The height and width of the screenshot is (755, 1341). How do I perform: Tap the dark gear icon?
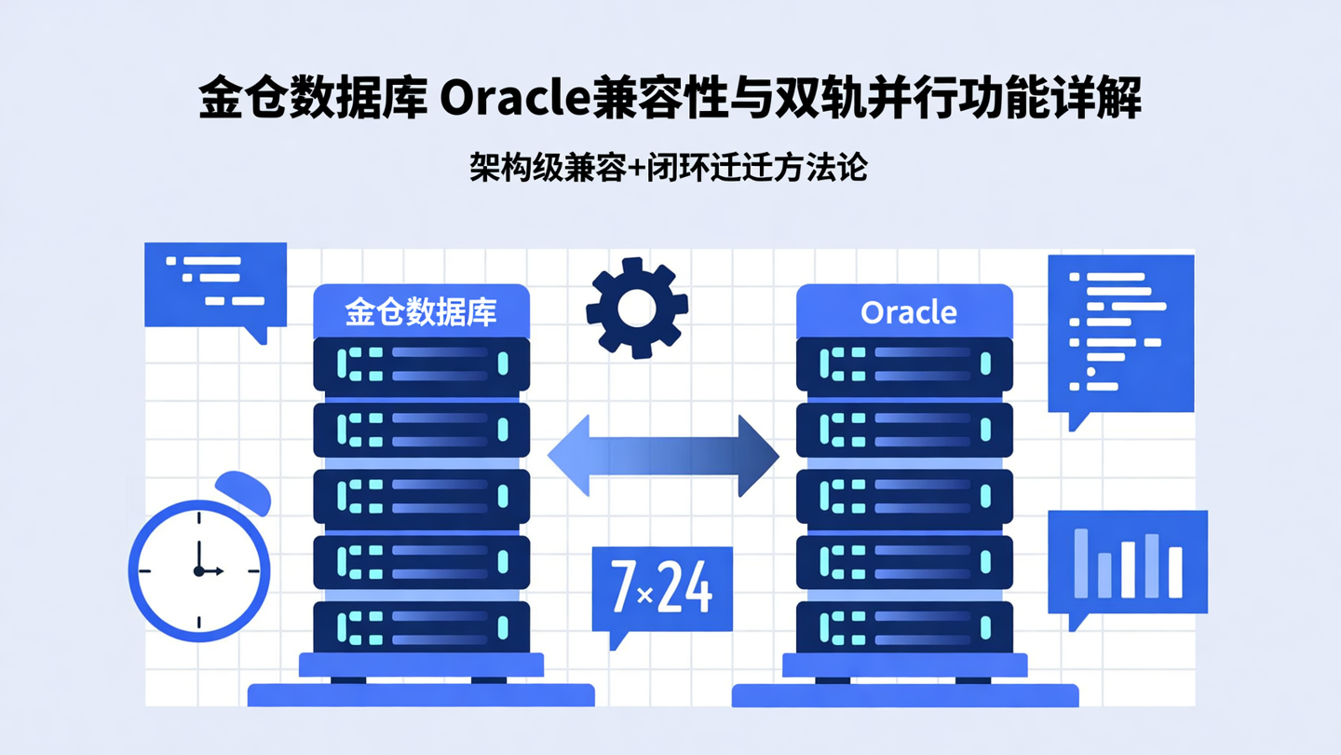point(637,308)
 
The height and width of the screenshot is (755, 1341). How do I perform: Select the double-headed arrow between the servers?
point(663,457)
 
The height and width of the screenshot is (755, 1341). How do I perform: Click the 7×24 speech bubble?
point(662,589)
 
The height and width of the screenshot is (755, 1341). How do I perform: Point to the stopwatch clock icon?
point(199,570)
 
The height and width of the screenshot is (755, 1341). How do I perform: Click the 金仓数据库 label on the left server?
point(421,311)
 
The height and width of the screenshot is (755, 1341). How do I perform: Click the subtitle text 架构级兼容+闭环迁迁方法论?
point(669,168)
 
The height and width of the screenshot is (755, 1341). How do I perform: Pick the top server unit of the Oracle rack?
point(904,364)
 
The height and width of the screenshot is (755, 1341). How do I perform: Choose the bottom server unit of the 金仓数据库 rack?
point(421,627)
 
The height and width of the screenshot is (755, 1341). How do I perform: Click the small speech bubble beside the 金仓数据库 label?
point(215,284)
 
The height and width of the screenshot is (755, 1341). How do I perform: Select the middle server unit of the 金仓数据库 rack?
point(421,496)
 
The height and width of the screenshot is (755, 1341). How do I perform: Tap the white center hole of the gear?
point(637,308)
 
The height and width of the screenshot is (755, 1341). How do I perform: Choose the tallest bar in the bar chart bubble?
point(1081,562)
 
